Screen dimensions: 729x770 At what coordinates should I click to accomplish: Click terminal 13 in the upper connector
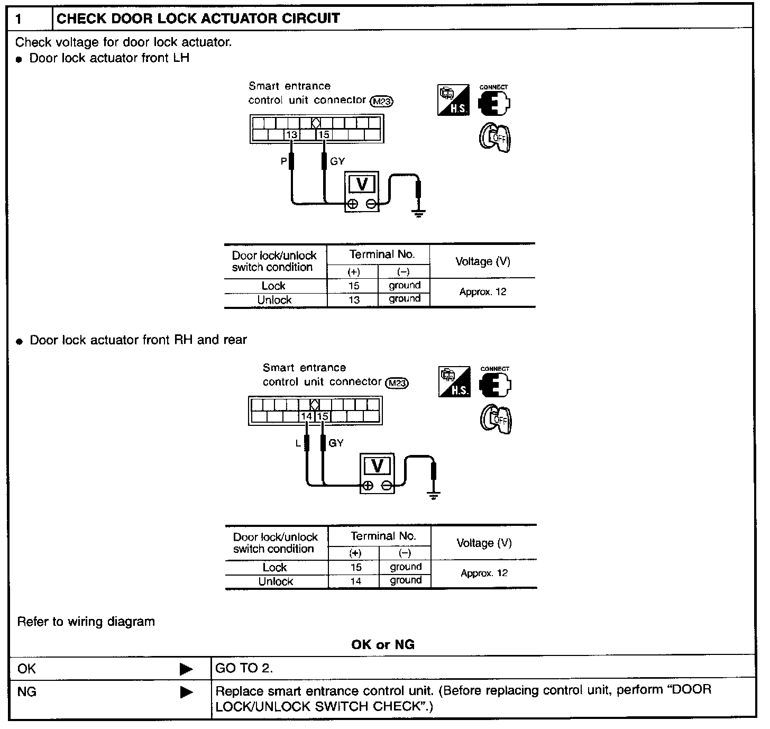point(292,135)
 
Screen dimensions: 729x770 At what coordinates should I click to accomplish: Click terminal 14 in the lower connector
point(307,416)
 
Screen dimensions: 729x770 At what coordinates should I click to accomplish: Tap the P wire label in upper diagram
point(283,161)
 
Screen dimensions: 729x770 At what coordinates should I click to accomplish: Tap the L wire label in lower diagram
point(298,443)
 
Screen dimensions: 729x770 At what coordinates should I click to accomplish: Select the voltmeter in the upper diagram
point(362,192)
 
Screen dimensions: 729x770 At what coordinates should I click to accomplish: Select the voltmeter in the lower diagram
point(377,473)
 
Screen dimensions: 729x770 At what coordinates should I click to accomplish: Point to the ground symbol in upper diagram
point(418,214)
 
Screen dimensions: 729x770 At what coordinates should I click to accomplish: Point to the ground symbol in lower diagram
point(434,496)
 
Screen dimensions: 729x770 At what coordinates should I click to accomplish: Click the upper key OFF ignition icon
point(495,138)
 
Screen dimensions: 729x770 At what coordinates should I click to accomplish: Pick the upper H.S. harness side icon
point(453,101)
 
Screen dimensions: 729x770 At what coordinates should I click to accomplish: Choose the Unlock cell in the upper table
point(274,300)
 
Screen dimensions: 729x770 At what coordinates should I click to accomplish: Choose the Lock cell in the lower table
point(275,567)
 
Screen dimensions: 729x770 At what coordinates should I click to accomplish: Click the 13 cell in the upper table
point(354,300)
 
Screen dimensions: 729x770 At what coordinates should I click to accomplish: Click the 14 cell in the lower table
point(355,581)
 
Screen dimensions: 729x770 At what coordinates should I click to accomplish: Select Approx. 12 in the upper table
point(483,292)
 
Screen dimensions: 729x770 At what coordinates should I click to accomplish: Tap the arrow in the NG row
point(186,692)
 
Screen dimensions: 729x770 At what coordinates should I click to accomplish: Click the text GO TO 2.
point(244,668)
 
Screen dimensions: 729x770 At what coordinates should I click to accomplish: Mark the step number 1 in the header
point(19,19)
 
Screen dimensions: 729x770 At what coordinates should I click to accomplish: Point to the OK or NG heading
point(383,644)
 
